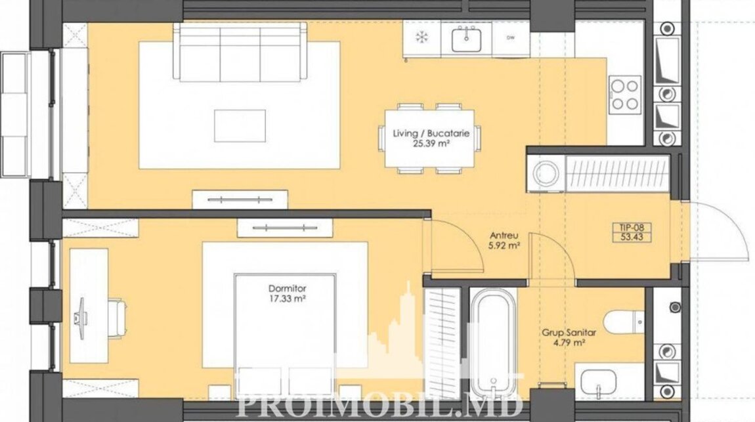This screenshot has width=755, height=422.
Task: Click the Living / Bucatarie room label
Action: coord(431,133)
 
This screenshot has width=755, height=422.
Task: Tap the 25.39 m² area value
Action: coord(431,143)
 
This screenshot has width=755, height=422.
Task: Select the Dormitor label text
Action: coord(287,289)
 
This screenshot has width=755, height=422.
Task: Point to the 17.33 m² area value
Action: coord(288,299)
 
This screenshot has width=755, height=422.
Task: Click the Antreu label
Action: coord(504,236)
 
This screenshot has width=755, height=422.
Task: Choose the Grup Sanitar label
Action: coord(569,333)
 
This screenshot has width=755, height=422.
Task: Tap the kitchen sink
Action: coord(465,39)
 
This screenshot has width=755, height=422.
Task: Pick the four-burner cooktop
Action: coord(625,94)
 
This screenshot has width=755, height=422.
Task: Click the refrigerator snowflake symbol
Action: coord(421,38)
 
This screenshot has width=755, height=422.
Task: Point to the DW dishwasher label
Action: coord(510,37)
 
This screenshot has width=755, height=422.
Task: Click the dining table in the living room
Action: coord(429,138)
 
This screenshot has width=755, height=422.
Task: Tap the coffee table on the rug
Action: coord(240,125)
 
